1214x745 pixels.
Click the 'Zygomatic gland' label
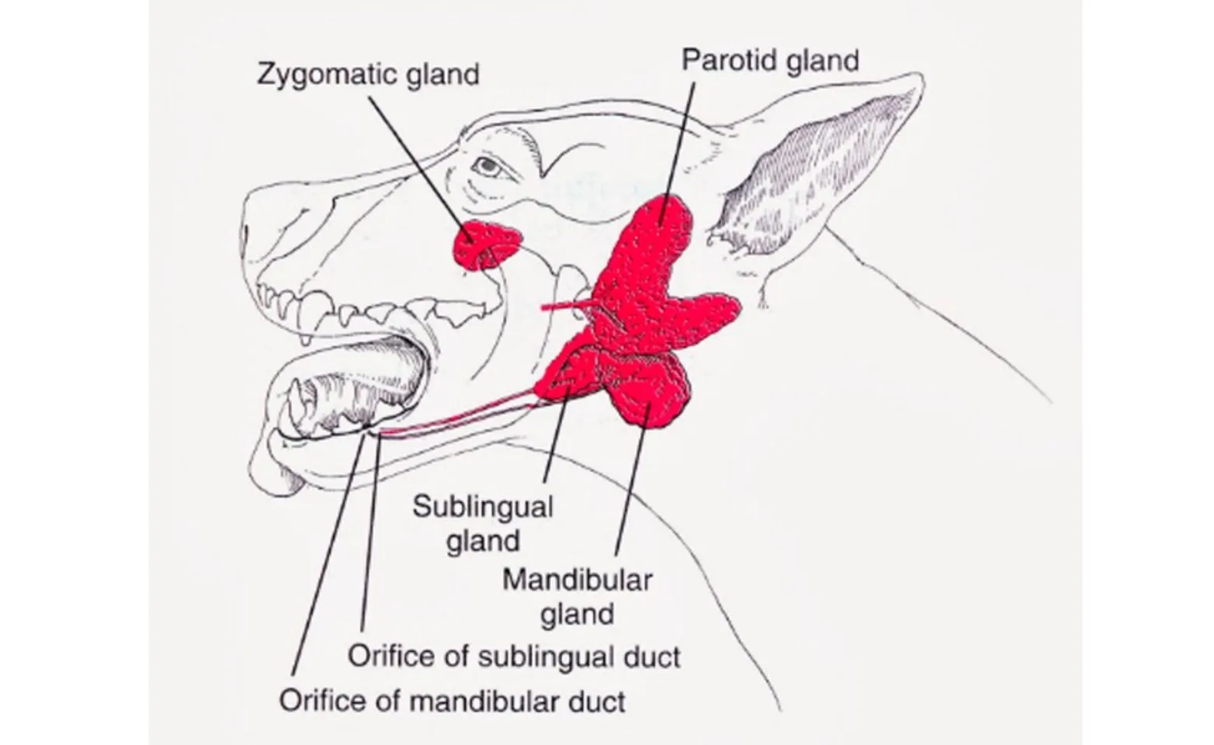pos(368,74)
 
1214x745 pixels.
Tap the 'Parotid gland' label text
pos(770,60)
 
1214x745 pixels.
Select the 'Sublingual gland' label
pos(482,523)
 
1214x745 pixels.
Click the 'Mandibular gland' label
pos(577,596)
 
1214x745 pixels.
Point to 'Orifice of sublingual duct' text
pos(513,657)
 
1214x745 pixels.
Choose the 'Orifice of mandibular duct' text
pos(452,701)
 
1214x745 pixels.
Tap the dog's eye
pos(487,165)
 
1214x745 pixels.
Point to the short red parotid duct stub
pos(563,307)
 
